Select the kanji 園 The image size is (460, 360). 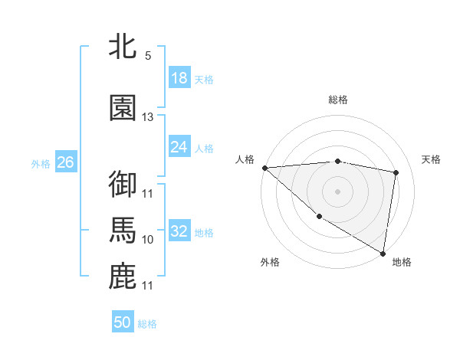point(123,109)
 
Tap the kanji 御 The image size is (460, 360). point(123,185)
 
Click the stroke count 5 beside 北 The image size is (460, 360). point(148,56)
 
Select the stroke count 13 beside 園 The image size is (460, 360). point(148,117)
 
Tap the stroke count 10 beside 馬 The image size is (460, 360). point(148,240)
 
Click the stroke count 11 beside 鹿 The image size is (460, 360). point(148,286)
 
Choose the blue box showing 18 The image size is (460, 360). point(179,78)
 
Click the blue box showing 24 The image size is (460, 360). point(179,147)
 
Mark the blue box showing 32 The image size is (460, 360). point(179,231)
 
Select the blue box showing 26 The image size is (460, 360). point(66,162)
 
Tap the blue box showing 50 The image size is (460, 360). point(123,322)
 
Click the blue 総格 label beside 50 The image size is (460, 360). point(147,324)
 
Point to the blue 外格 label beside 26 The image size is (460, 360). point(41,163)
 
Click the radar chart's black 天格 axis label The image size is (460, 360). point(432,159)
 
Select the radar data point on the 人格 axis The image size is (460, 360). point(264,168)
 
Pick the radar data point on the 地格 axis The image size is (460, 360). point(383,253)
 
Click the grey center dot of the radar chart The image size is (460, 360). point(337,191)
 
